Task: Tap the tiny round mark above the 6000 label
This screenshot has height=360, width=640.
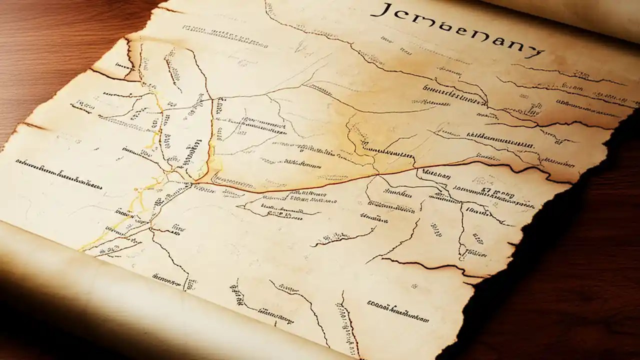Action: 414,286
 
